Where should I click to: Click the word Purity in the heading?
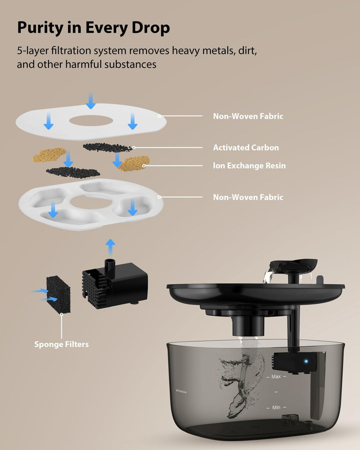point(40,28)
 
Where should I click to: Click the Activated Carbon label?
point(246,147)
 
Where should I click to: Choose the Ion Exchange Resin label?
point(249,165)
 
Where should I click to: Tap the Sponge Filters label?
point(61,344)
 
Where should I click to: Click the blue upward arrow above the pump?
point(110,247)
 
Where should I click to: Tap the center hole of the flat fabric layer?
point(90,121)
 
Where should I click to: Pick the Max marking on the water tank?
point(276,376)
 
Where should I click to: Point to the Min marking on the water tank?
point(276,407)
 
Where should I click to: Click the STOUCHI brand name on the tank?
point(181,391)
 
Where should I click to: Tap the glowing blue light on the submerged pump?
point(306,361)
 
